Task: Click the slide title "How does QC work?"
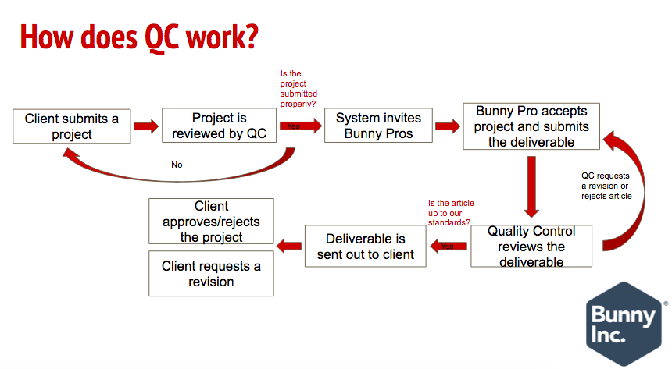tap(138, 36)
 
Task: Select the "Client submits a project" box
tap(72, 126)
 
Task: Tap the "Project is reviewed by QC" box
tap(219, 126)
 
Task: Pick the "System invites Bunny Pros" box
tap(378, 126)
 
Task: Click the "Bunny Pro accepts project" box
tap(532, 126)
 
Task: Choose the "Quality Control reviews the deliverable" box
tap(531, 247)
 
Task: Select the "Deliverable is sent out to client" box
tap(366, 247)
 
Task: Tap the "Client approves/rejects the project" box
tap(212, 222)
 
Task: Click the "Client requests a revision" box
tap(212, 274)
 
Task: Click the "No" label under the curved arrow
tap(177, 165)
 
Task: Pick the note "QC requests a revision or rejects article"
tap(606, 186)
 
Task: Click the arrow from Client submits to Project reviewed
tap(145, 126)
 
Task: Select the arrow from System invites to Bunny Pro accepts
tap(447, 126)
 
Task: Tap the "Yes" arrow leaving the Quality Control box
tap(449, 247)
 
